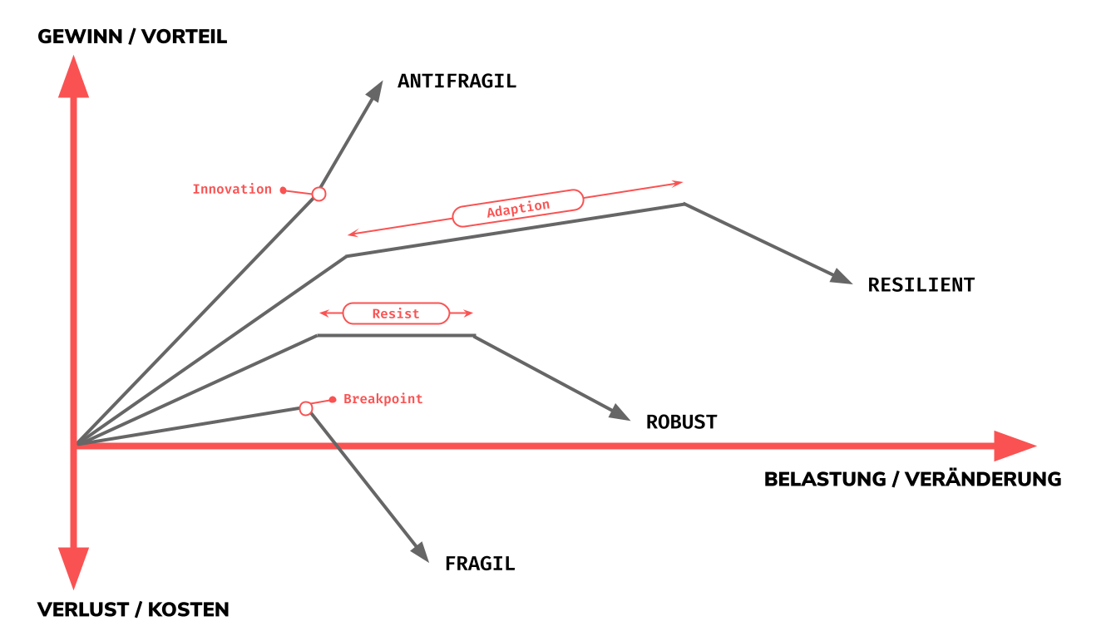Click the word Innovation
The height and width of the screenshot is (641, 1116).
[x=231, y=190]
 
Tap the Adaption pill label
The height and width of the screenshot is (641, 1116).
[x=518, y=208]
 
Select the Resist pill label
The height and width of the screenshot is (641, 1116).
[x=396, y=313]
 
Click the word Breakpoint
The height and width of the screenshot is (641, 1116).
[x=383, y=399]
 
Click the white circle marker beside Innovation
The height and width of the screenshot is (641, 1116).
[x=319, y=194]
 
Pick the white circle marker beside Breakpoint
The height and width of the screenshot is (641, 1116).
[x=306, y=408]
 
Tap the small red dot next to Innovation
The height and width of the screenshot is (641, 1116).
[x=284, y=190]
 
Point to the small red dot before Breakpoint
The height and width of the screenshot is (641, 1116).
[x=333, y=400]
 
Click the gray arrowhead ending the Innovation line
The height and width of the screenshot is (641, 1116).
[x=375, y=91]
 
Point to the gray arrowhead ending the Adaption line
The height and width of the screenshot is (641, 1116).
[x=842, y=277]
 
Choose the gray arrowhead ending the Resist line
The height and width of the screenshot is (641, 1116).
[x=620, y=413]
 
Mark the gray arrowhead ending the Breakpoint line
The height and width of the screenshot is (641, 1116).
[x=421, y=552]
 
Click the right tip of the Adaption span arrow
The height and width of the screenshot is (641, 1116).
[x=682, y=182]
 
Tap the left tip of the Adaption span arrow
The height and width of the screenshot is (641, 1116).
[x=348, y=234]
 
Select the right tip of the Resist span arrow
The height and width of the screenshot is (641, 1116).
[x=472, y=313]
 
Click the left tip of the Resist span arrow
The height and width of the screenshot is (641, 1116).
[x=320, y=313]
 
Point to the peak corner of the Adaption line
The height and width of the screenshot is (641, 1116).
[x=684, y=204]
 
